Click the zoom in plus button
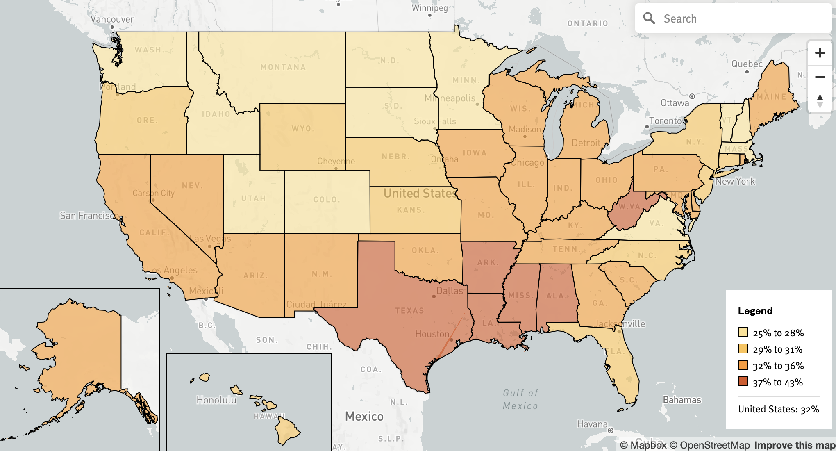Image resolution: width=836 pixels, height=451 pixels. tap(820, 53)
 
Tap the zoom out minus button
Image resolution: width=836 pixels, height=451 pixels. tap(820, 77)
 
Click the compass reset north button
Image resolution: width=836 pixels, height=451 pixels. tap(820, 101)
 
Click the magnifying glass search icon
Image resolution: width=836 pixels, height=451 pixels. tap(649, 18)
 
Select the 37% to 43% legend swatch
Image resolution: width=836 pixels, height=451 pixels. tap(743, 382)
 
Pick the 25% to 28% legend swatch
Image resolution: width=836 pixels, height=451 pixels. tap(743, 332)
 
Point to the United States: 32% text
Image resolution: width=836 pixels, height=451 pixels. tap(778, 409)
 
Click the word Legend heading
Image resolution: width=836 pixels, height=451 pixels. tap(755, 311)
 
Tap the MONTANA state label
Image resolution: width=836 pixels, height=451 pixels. tap(283, 67)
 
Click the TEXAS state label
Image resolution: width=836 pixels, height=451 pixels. tap(409, 311)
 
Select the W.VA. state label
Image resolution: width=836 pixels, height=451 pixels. tap(630, 207)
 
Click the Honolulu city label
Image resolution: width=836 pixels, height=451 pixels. tap(216, 400)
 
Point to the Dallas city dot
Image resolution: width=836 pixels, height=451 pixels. tap(434, 296)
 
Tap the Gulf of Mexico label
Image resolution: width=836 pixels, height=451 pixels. tap(520, 399)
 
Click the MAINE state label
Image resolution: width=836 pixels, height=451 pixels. tap(771, 97)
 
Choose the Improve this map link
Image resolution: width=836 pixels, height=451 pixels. tap(794, 445)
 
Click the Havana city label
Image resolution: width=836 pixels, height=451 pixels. tap(592, 424)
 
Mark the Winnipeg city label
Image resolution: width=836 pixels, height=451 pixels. tap(429, 8)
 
